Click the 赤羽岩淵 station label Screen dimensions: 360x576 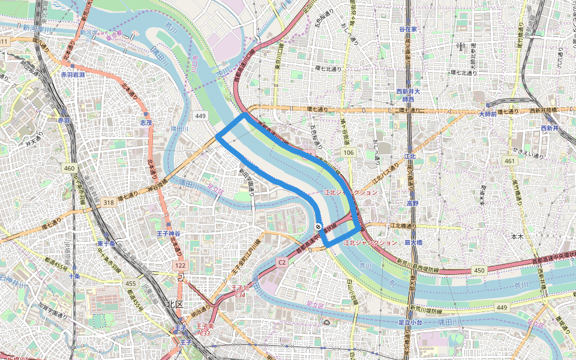(73, 75)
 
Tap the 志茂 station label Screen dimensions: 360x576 (146, 122)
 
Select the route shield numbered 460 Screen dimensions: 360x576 (70, 169)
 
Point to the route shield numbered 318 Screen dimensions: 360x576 (109, 203)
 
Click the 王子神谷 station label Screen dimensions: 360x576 (169, 233)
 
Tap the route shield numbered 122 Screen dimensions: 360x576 (181, 265)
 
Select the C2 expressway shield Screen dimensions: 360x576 (282, 262)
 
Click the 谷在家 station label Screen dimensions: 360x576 (407, 29)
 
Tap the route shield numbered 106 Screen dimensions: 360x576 (349, 153)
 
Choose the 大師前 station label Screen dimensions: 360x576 (488, 114)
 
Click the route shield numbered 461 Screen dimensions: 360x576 (510, 161)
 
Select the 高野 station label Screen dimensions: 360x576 (412, 203)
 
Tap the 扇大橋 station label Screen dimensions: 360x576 (413, 242)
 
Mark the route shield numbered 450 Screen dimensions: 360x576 (479, 271)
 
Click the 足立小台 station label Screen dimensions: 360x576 (412, 323)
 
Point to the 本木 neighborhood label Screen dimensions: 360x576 (517, 237)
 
